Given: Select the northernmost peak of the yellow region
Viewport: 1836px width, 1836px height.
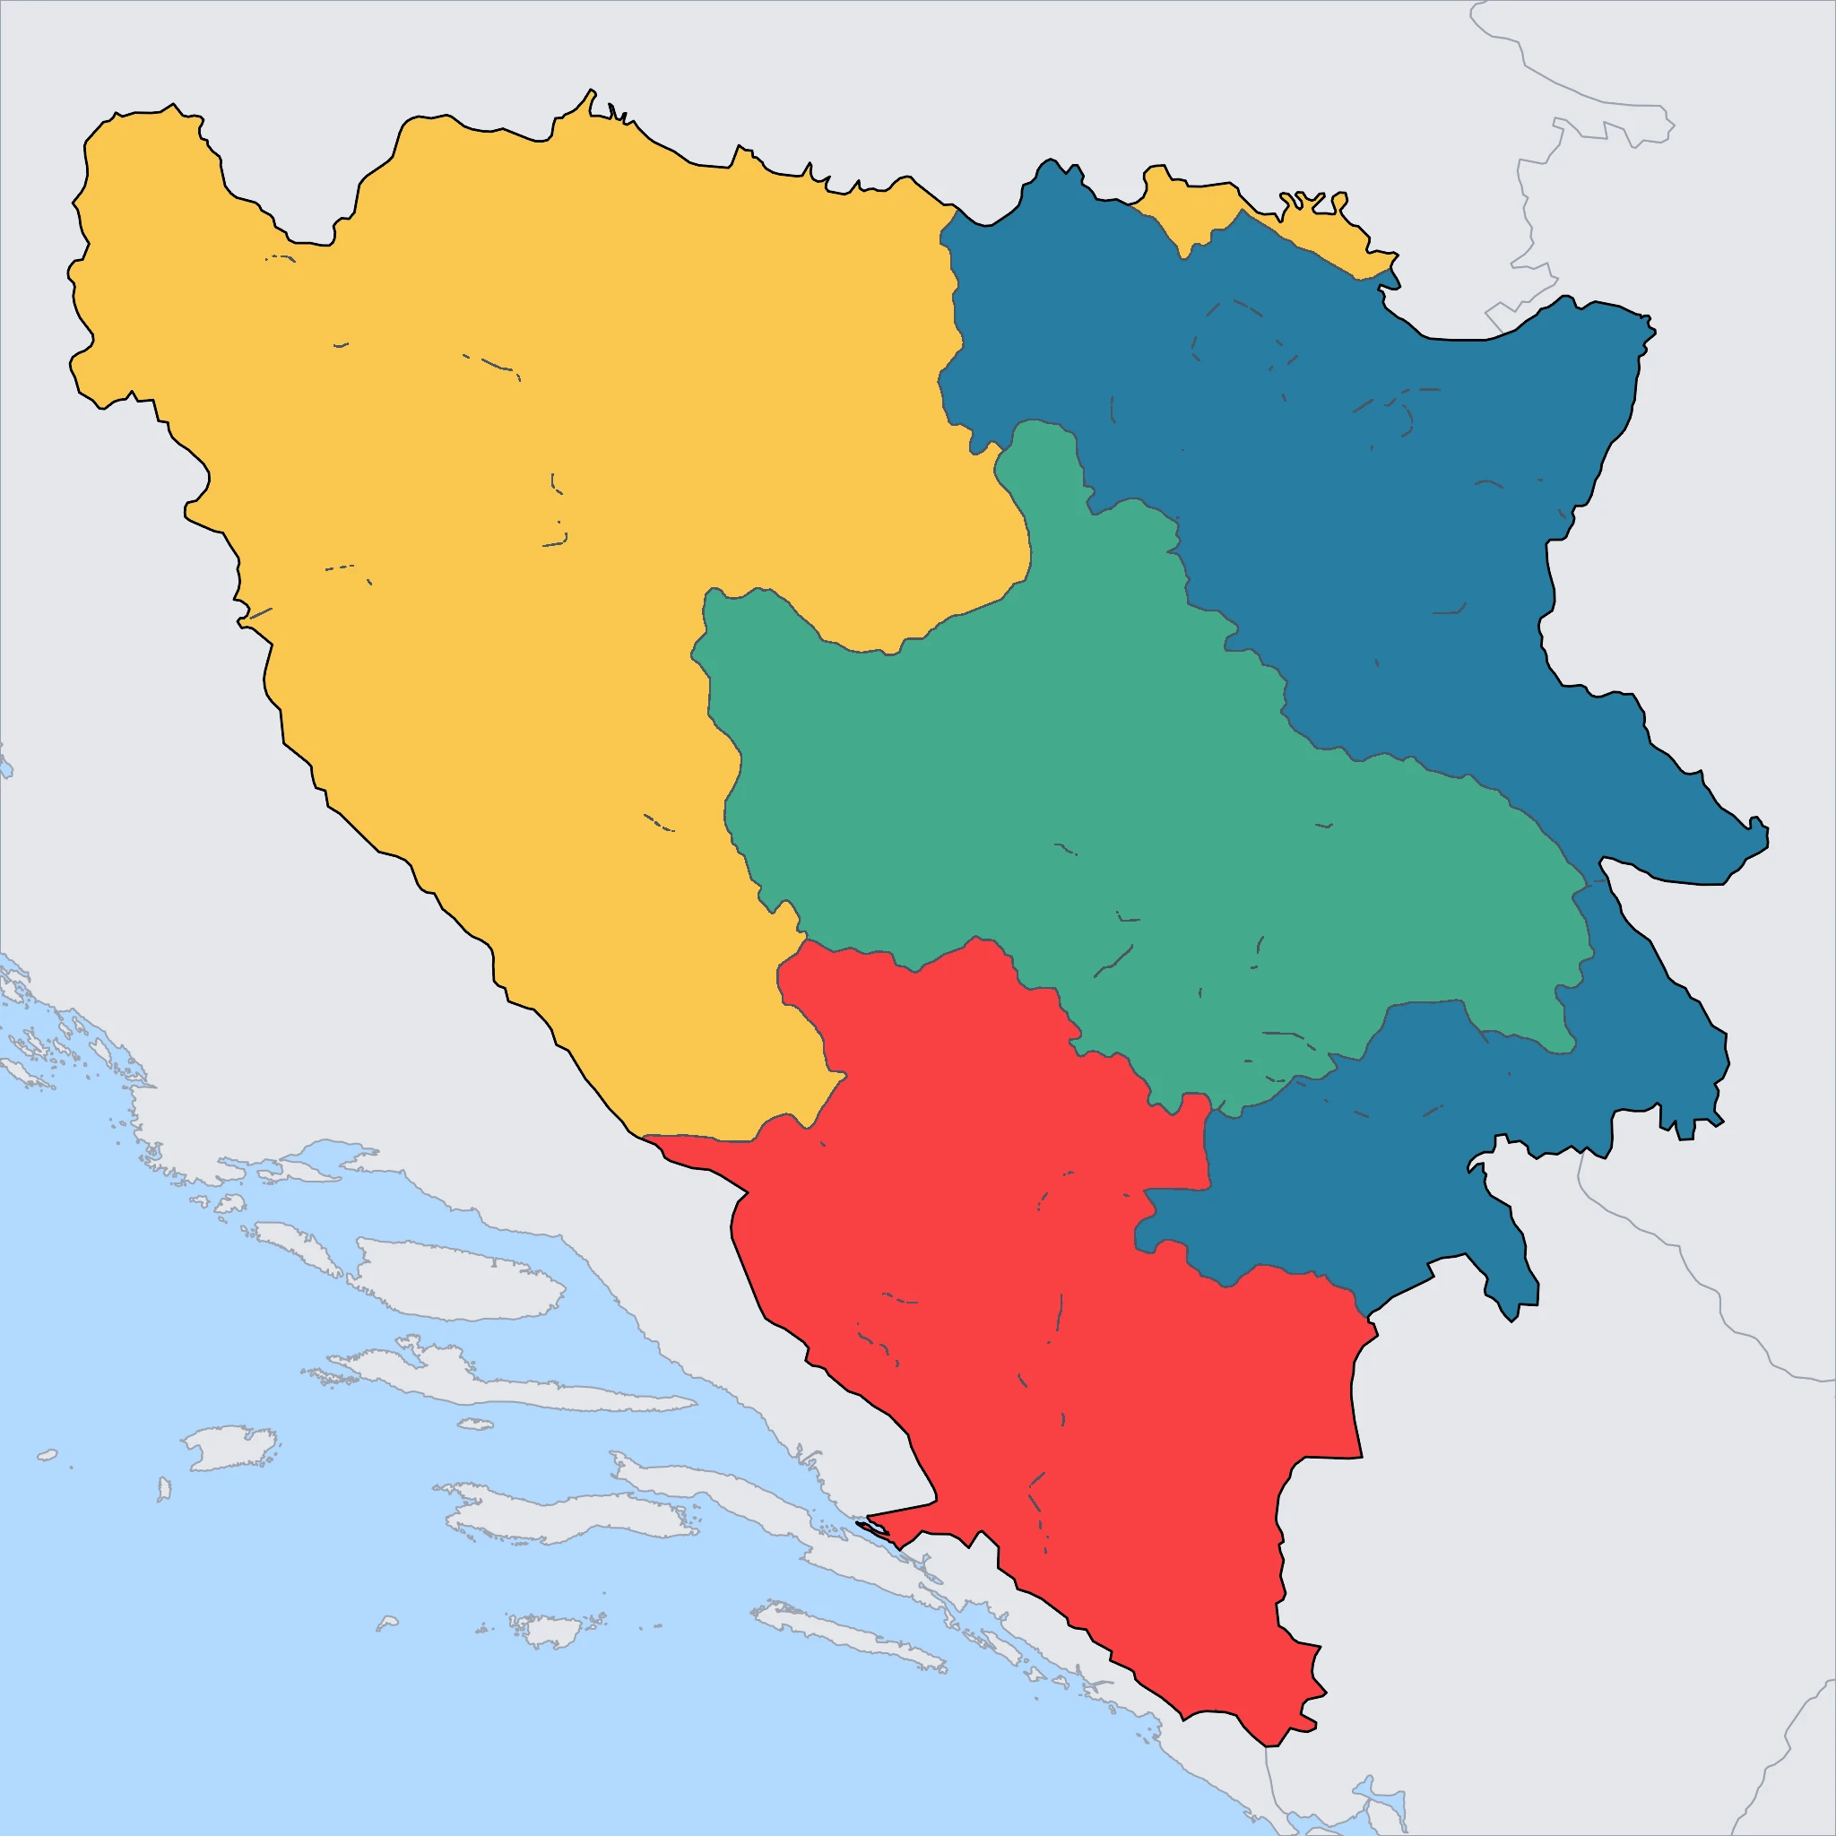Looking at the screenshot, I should (x=590, y=92).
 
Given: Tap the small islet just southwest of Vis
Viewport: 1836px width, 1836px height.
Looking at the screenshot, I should (x=163, y=1488).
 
